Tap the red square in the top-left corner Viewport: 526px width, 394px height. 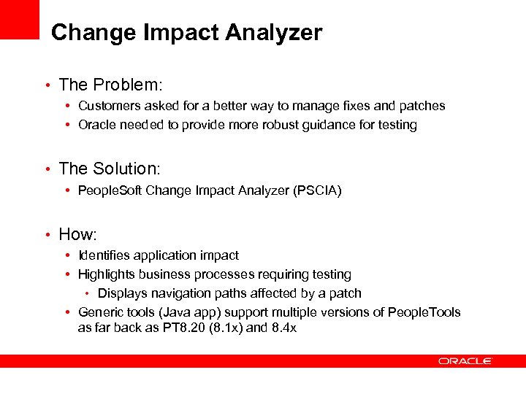point(19,19)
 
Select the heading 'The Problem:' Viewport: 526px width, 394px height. point(109,85)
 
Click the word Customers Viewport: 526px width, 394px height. point(108,106)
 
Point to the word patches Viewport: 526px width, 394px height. point(421,106)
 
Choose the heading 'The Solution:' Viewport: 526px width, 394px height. point(109,169)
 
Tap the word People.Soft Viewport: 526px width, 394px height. point(110,190)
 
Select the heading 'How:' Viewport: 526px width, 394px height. point(78,234)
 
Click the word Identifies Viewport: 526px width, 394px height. point(104,255)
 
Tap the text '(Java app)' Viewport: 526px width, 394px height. point(180,312)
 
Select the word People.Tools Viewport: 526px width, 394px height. point(424,312)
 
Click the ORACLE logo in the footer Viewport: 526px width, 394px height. point(465,361)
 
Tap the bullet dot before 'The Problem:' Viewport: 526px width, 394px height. point(47,86)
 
